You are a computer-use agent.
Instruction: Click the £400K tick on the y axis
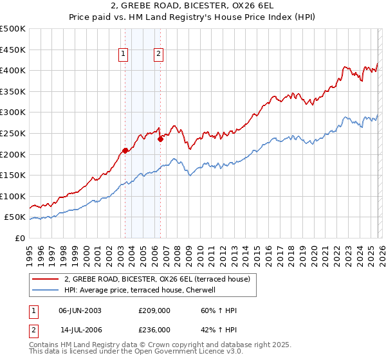(14, 70)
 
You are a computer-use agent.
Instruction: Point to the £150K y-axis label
(14, 175)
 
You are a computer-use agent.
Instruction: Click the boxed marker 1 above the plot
(123, 55)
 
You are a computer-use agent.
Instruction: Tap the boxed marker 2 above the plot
(158, 55)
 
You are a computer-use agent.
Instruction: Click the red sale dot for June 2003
(125, 150)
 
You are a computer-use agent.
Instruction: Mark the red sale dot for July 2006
(160, 139)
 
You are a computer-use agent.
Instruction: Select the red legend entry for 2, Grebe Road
(161, 279)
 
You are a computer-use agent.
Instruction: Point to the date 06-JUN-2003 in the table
(80, 310)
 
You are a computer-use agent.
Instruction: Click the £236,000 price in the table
(154, 329)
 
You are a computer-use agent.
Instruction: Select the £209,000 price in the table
(154, 310)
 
